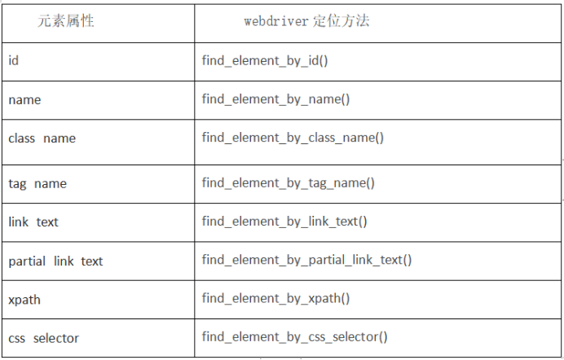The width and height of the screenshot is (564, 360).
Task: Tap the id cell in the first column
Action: (14, 60)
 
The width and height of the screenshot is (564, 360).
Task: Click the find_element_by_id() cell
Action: (265, 60)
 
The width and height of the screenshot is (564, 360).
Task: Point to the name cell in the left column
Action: (24, 99)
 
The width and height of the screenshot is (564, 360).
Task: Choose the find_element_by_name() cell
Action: (275, 99)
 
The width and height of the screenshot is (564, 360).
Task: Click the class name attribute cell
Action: (42, 138)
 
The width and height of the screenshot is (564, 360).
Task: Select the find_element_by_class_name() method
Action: (293, 138)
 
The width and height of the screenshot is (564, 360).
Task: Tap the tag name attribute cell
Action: (37, 183)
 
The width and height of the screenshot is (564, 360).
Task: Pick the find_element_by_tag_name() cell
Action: (289, 183)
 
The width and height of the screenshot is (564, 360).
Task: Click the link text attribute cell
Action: (33, 222)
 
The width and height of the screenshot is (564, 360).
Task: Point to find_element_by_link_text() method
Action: (284, 222)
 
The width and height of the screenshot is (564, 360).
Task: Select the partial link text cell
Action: (55, 261)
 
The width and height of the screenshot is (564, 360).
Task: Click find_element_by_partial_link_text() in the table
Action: (306, 261)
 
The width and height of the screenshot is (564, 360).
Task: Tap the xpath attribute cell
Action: (24, 300)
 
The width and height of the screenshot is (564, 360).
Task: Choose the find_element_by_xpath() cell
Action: (275, 299)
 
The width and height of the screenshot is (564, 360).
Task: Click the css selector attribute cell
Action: (43, 338)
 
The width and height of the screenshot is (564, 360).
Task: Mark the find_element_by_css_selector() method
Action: (294, 337)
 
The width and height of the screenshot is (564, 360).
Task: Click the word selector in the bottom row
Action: (56, 338)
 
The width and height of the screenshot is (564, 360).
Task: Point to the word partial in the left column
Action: (27, 261)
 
